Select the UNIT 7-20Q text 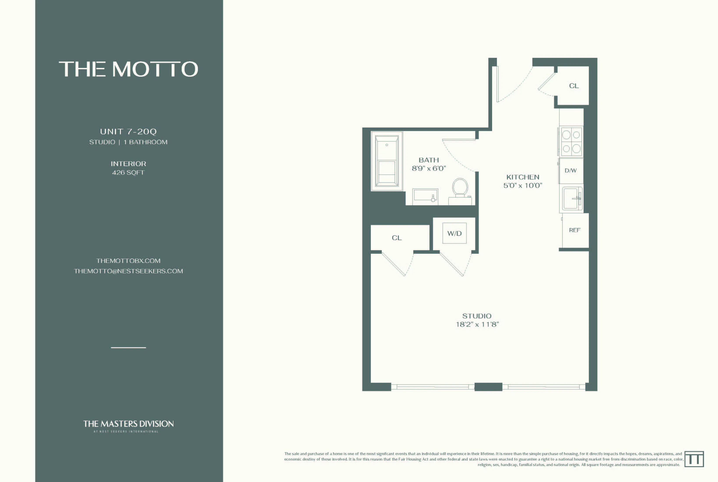coord(128,132)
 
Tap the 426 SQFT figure coord(128,172)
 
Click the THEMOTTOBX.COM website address coord(128,261)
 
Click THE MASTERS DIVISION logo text coord(128,424)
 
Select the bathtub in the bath coord(387,161)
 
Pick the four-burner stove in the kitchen coord(571,142)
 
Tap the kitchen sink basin coord(571,198)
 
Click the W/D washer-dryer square coord(454,233)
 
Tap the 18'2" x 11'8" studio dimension coord(477,324)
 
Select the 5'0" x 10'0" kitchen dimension coord(522,185)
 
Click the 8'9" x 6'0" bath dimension coord(428,168)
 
